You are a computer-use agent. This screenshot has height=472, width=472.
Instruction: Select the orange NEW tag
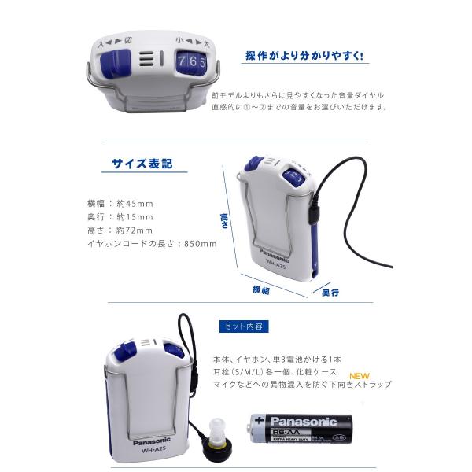click(360, 375)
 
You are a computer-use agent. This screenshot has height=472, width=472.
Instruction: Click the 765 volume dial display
click(191, 61)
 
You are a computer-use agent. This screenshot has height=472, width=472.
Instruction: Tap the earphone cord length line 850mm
click(151, 244)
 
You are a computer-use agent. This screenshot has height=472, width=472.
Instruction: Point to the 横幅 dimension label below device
click(261, 290)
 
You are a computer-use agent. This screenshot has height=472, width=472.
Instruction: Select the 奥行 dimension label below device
click(330, 293)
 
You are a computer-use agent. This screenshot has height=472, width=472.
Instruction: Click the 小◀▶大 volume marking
click(192, 40)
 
